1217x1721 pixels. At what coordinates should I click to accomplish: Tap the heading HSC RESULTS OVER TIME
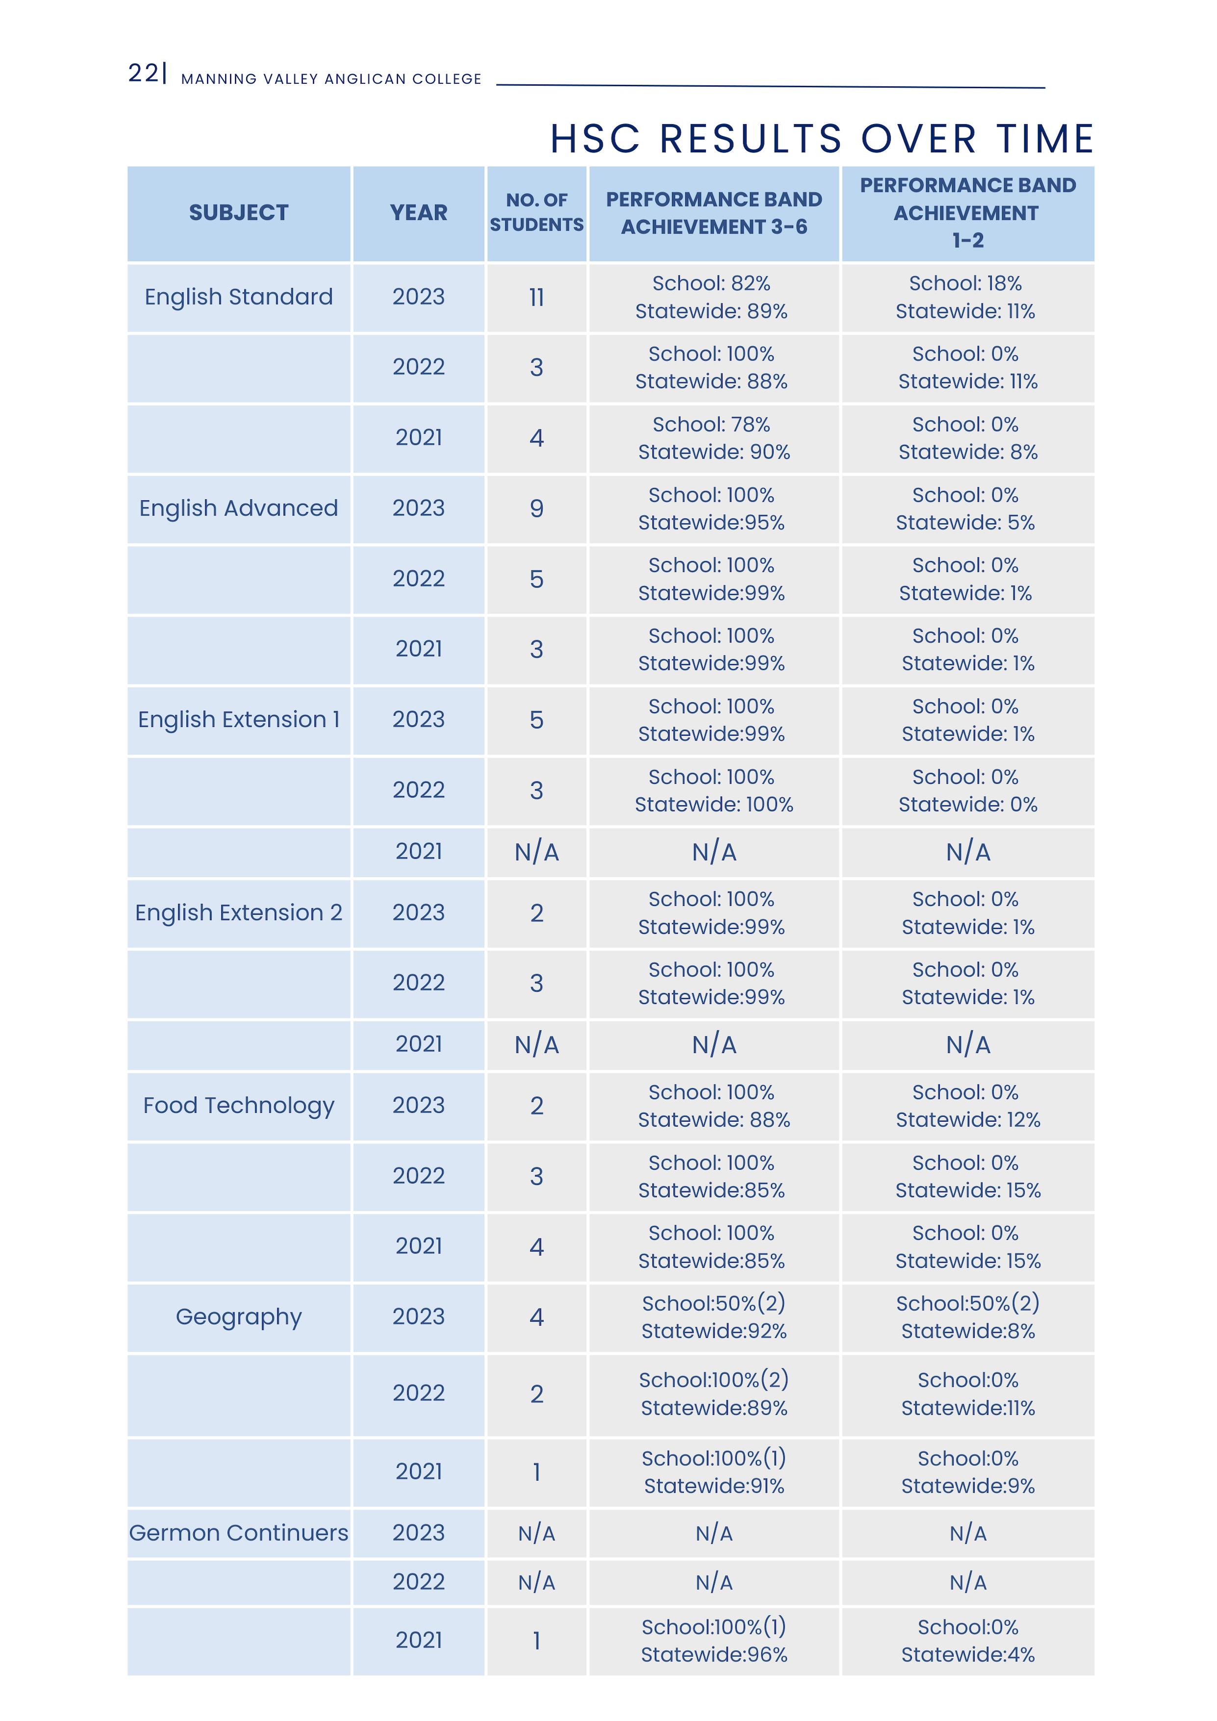[x=822, y=139]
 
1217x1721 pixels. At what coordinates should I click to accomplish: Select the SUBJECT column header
[x=238, y=213]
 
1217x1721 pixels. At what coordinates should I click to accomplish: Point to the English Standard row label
[x=238, y=297]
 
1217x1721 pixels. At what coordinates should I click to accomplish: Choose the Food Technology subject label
[x=238, y=1105]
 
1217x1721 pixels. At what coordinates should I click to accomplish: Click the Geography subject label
[x=238, y=1317]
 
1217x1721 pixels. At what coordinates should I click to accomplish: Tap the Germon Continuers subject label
[x=238, y=1533]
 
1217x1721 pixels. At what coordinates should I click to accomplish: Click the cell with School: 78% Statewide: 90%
[x=713, y=438]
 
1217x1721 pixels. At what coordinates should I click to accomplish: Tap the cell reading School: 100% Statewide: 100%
[x=713, y=791]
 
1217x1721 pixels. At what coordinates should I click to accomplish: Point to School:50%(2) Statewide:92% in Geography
[x=713, y=1317]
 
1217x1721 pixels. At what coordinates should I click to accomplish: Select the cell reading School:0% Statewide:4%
[x=967, y=1641]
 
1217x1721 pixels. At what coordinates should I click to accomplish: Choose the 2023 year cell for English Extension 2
[x=418, y=913]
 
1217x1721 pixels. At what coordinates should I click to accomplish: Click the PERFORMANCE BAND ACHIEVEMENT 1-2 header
[x=967, y=213]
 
